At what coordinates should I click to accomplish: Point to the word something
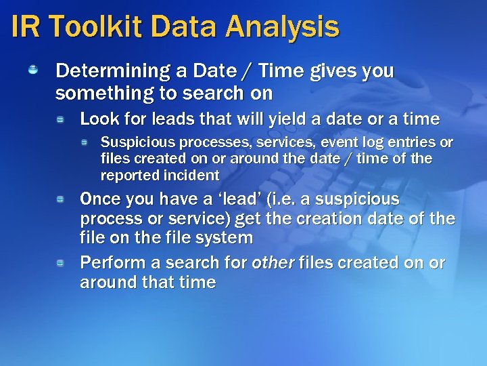(x=99, y=93)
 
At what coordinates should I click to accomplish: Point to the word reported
(x=130, y=176)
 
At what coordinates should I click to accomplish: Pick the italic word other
(x=273, y=263)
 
